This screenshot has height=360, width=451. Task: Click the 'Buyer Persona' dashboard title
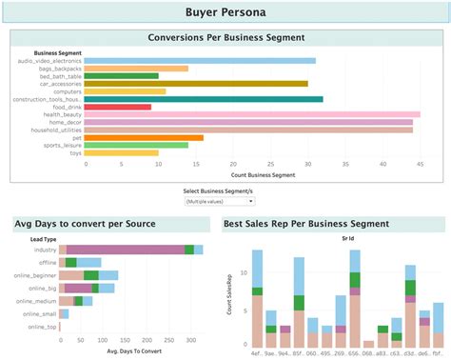pos(225,13)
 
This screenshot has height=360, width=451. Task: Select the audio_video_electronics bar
pos(200,61)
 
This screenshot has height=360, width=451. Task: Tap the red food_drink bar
pos(118,107)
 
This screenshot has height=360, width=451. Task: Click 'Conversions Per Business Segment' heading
pos(226,38)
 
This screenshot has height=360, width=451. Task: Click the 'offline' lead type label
pos(46,263)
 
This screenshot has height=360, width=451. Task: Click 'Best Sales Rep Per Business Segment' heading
pos(305,224)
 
